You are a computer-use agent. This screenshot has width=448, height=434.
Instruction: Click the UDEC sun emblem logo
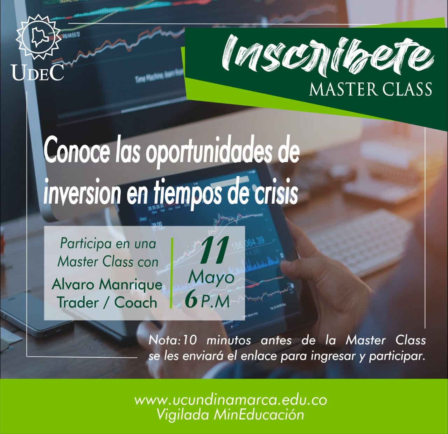(x=38, y=36)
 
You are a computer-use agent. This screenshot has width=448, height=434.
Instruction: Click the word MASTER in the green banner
(x=343, y=89)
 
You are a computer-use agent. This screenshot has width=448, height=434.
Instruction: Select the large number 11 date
(x=214, y=250)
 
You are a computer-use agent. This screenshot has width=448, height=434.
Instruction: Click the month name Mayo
(x=211, y=278)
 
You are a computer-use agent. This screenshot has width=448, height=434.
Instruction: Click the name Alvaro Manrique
(x=107, y=284)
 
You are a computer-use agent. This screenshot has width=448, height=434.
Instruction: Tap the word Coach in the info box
(x=135, y=302)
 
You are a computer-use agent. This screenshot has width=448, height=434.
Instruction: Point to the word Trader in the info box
(x=78, y=302)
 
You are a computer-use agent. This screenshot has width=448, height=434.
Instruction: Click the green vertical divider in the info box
(x=171, y=273)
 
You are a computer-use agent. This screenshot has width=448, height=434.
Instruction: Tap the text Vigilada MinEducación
(x=230, y=415)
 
